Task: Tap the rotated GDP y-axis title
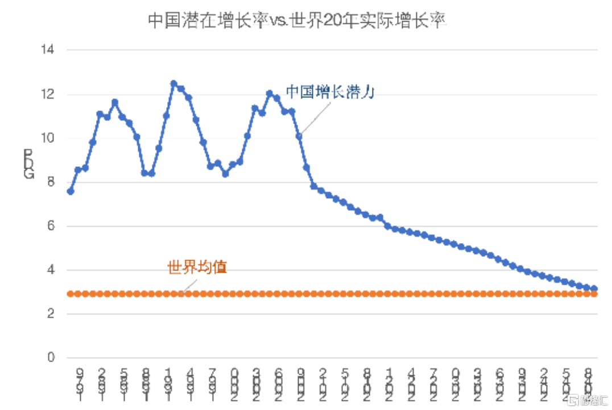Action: pyautogui.click(x=29, y=165)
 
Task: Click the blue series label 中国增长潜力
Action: pyautogui.click(x=329, y=92)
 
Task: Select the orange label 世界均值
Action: pyautogui.click(x=197, y=267)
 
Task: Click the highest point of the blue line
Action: pyautogui.click(x=173, y=84)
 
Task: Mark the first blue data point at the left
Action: pyautogui.click(x=71, y=191)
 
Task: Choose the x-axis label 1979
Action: pyautogui.click(x=79, y=384)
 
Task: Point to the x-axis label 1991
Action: pyautogui.click(x=168, y=384)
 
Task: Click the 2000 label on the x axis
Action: pyautogui.click(x=235, y=384)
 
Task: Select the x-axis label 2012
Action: pyautogui.click(x=323, y=384)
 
